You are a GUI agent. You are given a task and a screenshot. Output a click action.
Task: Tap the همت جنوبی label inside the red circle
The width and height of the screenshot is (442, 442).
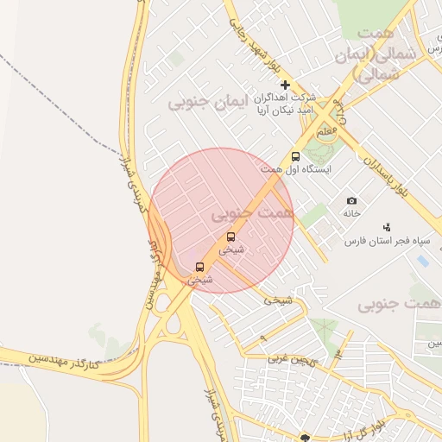252,211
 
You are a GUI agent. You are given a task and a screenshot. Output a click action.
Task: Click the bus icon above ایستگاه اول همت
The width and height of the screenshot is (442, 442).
296,157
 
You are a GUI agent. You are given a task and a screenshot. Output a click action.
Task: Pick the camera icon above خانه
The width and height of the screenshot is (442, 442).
351,200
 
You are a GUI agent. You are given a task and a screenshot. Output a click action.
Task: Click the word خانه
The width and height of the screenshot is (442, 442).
351,212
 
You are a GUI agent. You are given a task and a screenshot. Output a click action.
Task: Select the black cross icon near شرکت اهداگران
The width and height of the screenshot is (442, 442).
286,85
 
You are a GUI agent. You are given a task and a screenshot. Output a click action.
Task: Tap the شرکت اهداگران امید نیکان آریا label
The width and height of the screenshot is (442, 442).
282,104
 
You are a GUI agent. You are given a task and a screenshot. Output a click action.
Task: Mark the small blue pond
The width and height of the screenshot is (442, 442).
422,260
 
